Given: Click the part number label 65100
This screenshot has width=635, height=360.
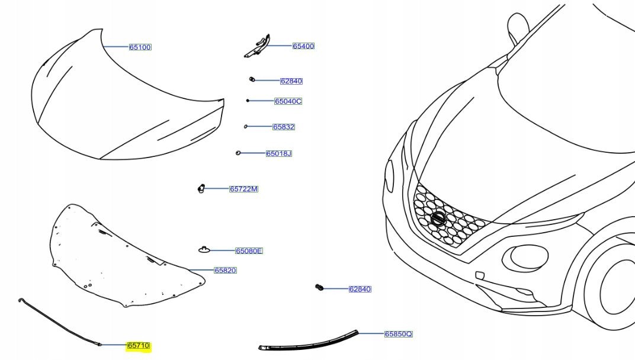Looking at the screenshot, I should click(x=140, y=47).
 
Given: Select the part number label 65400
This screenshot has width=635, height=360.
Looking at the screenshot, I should click(x=303, y=46).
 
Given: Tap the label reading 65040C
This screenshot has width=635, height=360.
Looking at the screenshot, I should click(x=288, y=101).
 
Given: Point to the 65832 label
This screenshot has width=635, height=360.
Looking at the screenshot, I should click(x=283, y=127).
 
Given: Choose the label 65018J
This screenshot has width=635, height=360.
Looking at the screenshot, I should click(x=278, y=153).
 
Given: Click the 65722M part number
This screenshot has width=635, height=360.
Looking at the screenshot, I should click(x=243, y=189).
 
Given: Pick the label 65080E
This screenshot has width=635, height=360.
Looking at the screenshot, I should click(x=249, y=251).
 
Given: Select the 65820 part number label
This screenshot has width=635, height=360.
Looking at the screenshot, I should click(x=225, y=271).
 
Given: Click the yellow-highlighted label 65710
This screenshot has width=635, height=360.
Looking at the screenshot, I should click(x=139, y=345).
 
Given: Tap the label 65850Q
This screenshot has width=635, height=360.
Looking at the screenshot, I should click(x=398, y=334).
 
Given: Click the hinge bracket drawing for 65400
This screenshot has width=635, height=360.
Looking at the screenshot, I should click(x=257, y=47).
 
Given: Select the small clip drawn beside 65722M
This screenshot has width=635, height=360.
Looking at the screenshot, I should click(x=201, y=189).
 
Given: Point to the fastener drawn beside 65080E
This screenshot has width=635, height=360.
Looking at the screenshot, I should click(x=204, y=250).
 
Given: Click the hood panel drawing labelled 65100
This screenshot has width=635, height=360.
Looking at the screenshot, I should click(x=118, y=101).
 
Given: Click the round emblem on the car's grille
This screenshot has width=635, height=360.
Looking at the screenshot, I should click(x=438, y=218).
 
